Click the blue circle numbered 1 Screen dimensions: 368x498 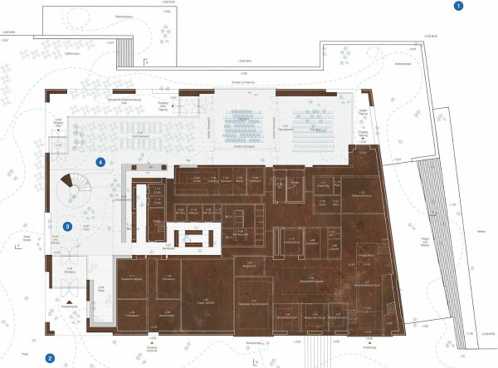pyautogui.click(x=458, y=7)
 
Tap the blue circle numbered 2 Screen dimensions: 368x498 pyautogui.click(x=50, y=359)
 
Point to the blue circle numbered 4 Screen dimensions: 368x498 pyautogui.click(x=100, y=163)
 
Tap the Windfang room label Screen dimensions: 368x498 pyautogui.click(x=68, y=271)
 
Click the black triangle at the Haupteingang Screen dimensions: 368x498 pyautogui.click(x=71, y=296)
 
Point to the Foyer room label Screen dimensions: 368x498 pyautogui.click(x=86, y=226)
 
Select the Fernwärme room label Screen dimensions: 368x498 pyautogui.click(x=170, y=281)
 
